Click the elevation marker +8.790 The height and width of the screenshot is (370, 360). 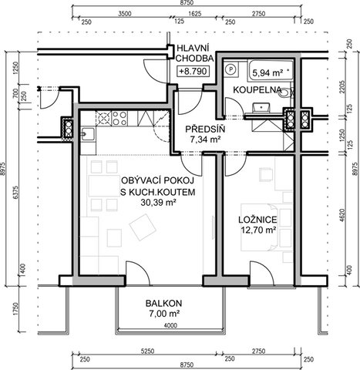pos(193,71)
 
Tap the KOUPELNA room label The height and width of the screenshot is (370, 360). pos(257,90)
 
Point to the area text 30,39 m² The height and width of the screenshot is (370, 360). pos(158,203)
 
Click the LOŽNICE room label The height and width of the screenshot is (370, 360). pos(257,220)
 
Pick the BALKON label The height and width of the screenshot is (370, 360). pos(163,304)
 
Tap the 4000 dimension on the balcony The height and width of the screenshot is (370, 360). pos(170,326)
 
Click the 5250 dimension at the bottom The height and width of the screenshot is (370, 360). pos(147,351)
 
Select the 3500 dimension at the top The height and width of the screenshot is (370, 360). pos(125,14)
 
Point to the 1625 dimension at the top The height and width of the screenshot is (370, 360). pos(195,14)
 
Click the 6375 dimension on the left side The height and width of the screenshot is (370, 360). pos(16,192)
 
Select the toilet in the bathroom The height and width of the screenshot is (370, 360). pos(285,92)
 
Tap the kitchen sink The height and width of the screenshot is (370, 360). pos(88,134)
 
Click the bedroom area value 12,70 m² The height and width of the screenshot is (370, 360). pos(257,230)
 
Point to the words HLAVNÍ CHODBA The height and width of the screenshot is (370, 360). pos(194,53)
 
